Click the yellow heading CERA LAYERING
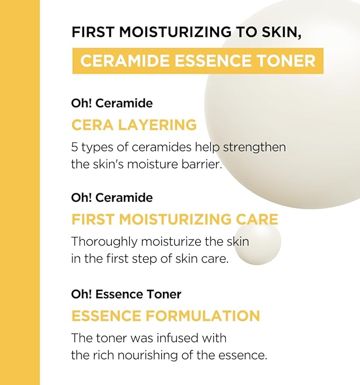[134, 125]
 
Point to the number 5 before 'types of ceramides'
[74, 147]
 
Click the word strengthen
[254, 148]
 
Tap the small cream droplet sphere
[257, 243]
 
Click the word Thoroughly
[104, 242]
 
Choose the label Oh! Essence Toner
[126, 294]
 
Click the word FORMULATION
[203, 316]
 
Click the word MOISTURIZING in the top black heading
[177, 32]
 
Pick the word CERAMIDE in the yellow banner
[125, 61]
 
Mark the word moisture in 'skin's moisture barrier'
[153, 164]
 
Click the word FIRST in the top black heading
[93, 32]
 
